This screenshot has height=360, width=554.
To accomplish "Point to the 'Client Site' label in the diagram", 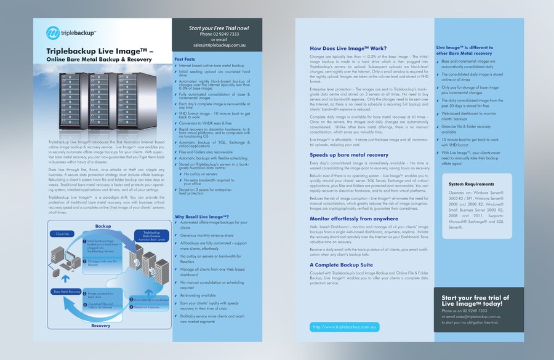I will [62, 234].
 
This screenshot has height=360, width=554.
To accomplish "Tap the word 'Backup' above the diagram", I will [103, 226].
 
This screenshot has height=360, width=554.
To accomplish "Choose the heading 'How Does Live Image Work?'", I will [348, 48].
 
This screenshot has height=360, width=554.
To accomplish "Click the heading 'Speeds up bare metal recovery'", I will [348, 155].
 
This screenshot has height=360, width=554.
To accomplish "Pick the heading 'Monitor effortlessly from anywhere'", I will [353, 218].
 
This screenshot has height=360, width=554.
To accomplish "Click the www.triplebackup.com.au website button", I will [345, 327].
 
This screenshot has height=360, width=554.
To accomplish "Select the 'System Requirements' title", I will [472, 184].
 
